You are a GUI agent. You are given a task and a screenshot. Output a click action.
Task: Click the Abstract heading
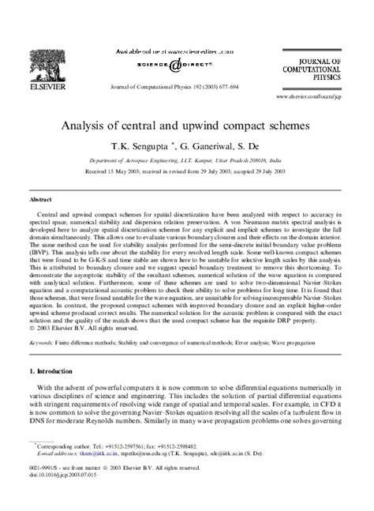42,201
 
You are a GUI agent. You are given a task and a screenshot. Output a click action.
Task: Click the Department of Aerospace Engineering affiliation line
186,160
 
